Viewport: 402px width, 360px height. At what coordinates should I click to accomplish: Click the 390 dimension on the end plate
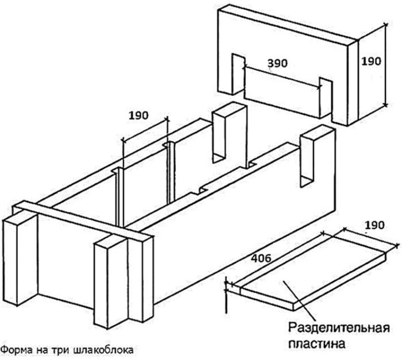[x=277, y=63]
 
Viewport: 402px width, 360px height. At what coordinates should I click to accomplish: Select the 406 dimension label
[x=261, y=258]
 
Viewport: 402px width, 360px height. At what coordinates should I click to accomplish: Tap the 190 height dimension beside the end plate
[x=371, y=61]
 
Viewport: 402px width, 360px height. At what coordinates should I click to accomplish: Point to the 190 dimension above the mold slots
[x=138, y=115]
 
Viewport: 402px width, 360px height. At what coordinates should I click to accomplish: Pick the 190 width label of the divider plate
[x=375, y=225]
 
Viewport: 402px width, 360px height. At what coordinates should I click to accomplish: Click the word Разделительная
[x=339, y=328]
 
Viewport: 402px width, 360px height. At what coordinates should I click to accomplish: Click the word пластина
[x=317, y=343]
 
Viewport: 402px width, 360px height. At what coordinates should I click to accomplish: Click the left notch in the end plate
[x=238, y=74]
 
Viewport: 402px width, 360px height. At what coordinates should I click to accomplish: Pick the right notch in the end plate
[x=326, y=98]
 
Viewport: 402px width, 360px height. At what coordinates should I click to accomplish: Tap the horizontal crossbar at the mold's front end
[x=83, y=221]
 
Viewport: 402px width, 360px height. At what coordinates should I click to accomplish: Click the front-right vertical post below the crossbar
[x=111, y=281]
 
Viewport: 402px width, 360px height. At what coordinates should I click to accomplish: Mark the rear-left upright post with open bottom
[x=229, y=133]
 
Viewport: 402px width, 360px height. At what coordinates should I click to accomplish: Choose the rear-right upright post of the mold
[x=318, y=156]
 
